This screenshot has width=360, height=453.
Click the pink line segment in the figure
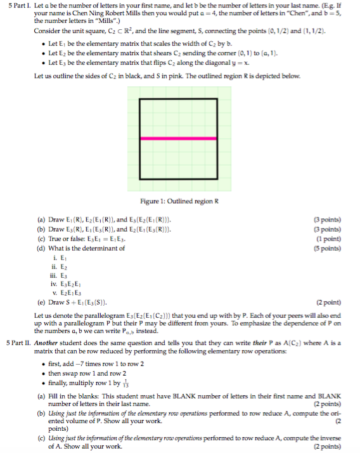[x=177, y=138]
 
